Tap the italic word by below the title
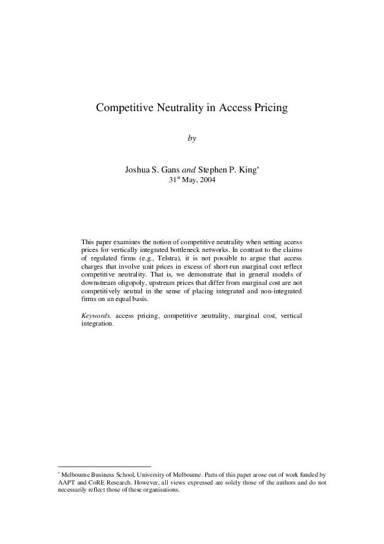pos(192,138)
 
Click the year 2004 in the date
pos(207,180)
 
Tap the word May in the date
pos(187,180)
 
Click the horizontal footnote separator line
pos(104,466)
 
